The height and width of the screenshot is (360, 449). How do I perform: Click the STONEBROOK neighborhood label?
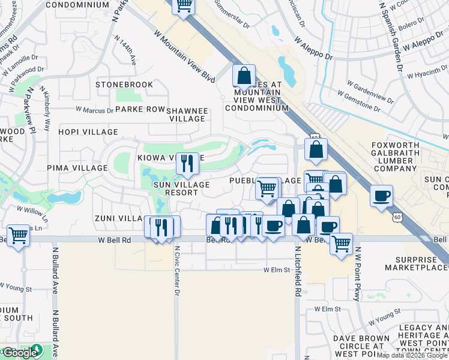pyautogui.click(x=124, y=85)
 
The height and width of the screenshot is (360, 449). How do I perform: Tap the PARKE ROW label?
pyautogui.click(x=140, y=109)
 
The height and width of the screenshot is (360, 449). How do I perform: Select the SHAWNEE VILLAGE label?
pyautogui.click(x=187, y=115)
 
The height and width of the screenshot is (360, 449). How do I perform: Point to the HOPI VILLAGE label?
pyautogui.click(x=88, y=132)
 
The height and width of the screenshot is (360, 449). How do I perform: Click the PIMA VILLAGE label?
pyautogui.click(x=77, y=168)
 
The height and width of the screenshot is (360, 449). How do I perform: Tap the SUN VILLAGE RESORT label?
pyautogui.click(x=181, y=188)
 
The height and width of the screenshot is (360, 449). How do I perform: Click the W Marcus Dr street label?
pyautogui.click(x=94, y=110)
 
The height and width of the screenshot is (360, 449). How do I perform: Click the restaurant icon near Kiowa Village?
pyautogui.click(x=187, y=163)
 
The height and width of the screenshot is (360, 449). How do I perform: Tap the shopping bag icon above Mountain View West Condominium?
pyautogui.click(x=244, y=76)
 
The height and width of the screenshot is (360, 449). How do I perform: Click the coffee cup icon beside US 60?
pyautogui.click(x=381, y=196)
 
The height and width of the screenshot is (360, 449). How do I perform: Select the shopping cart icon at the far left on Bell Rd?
pyautogui.click(x=19, y=235)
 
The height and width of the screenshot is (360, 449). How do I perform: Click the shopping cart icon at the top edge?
pyautogui.click(x=184, y=6)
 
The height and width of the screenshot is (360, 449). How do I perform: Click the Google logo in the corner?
pyautogui.click(x=19, y=352)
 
